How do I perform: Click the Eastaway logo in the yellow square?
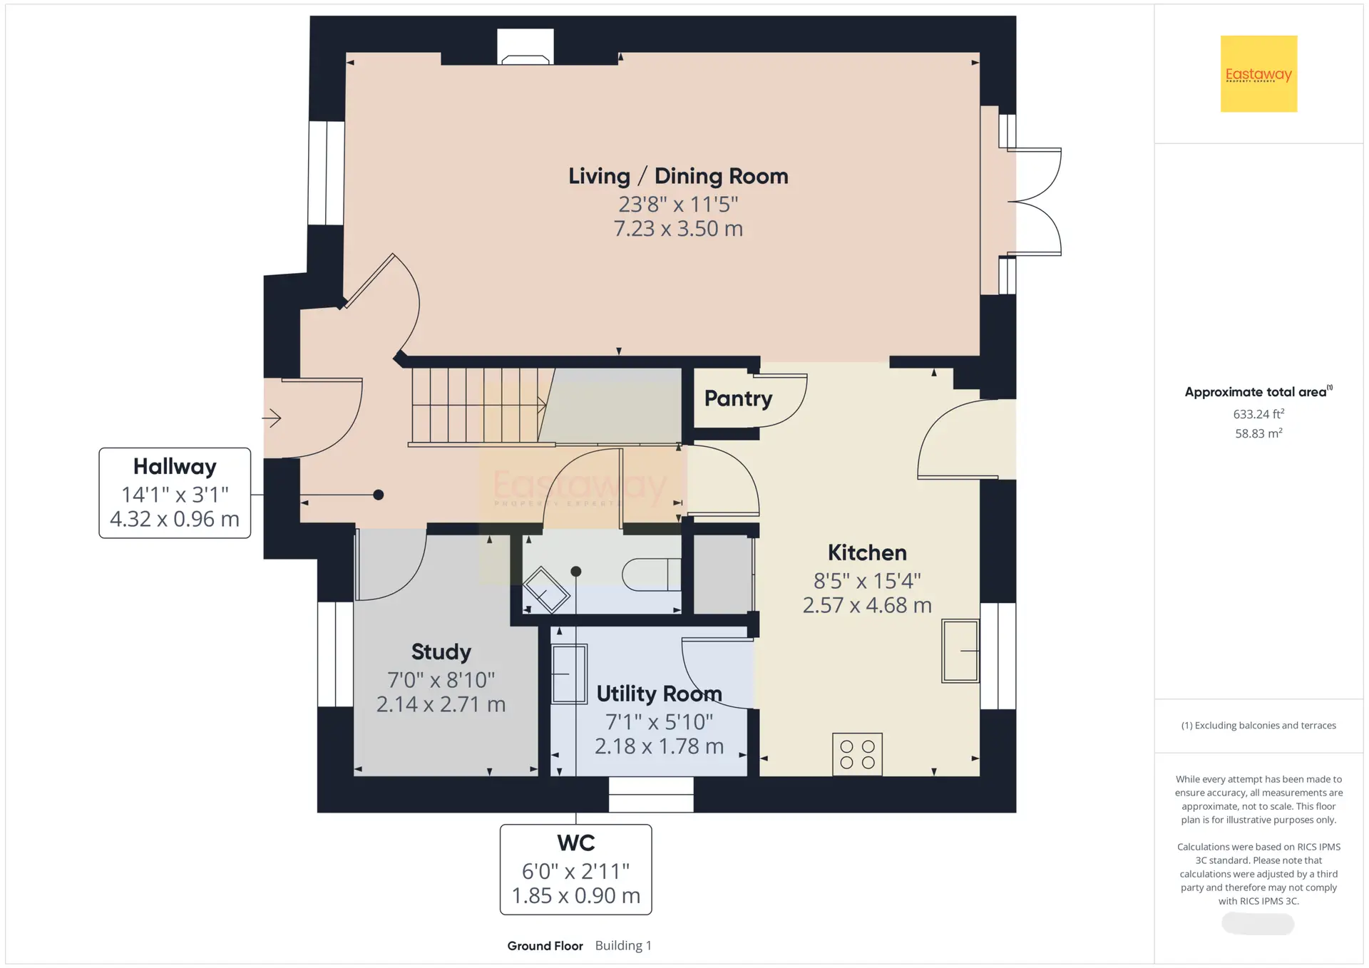click(x=1258, y=74)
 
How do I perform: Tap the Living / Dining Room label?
click(x=678, y=176)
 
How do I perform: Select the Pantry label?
click(x=738, y=398)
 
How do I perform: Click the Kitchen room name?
click(x=867, y=552)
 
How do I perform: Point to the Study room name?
click(x=441, y=652)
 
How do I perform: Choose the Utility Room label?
click(x=659, y=694)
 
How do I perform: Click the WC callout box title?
click(x=576, y=843)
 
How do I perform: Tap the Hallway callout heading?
click(x=175, y=466)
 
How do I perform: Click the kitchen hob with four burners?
click(x=857, y=754)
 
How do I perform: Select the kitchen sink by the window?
click(x=960, y=651)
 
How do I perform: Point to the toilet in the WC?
click(x=651, y=575)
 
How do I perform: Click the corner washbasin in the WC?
click(x=547, y=589)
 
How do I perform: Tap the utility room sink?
click(x=569, y=674)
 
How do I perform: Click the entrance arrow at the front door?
click(x=272, y=418)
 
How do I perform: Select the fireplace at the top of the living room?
click(x=525, y=47)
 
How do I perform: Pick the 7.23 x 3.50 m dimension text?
click(x=678, y=229)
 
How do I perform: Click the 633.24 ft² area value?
click(x=1258, y=413)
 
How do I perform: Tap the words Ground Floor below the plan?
click(x=545, y=946)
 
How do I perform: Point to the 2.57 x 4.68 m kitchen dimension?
click(x=867, y=605)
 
